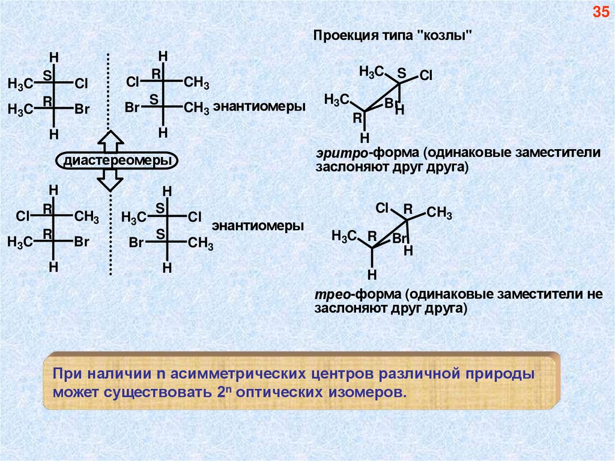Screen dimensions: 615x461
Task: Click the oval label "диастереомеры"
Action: tap(112, 161)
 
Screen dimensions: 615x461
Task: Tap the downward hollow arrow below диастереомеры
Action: tap(110, 179)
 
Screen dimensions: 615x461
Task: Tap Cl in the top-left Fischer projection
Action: tap(81, 84)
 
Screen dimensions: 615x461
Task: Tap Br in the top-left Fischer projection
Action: tap(82, 109)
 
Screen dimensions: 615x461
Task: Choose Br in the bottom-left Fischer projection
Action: tap(82, 242)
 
